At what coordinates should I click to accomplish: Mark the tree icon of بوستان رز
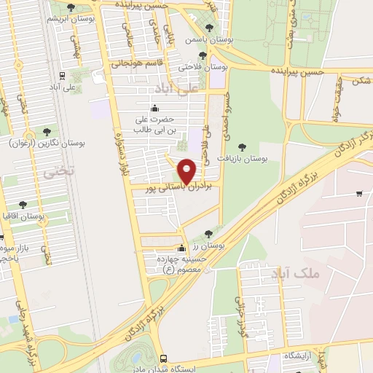coord(209,233)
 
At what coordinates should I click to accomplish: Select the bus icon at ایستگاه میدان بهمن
coord(163,359)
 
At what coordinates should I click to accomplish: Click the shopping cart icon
coord(359,193)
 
